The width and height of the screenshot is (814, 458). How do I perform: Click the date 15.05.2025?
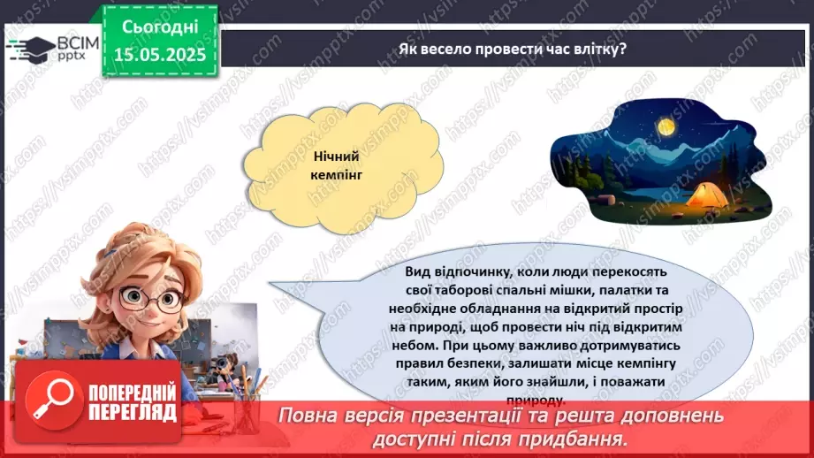(x=159, y=54)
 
